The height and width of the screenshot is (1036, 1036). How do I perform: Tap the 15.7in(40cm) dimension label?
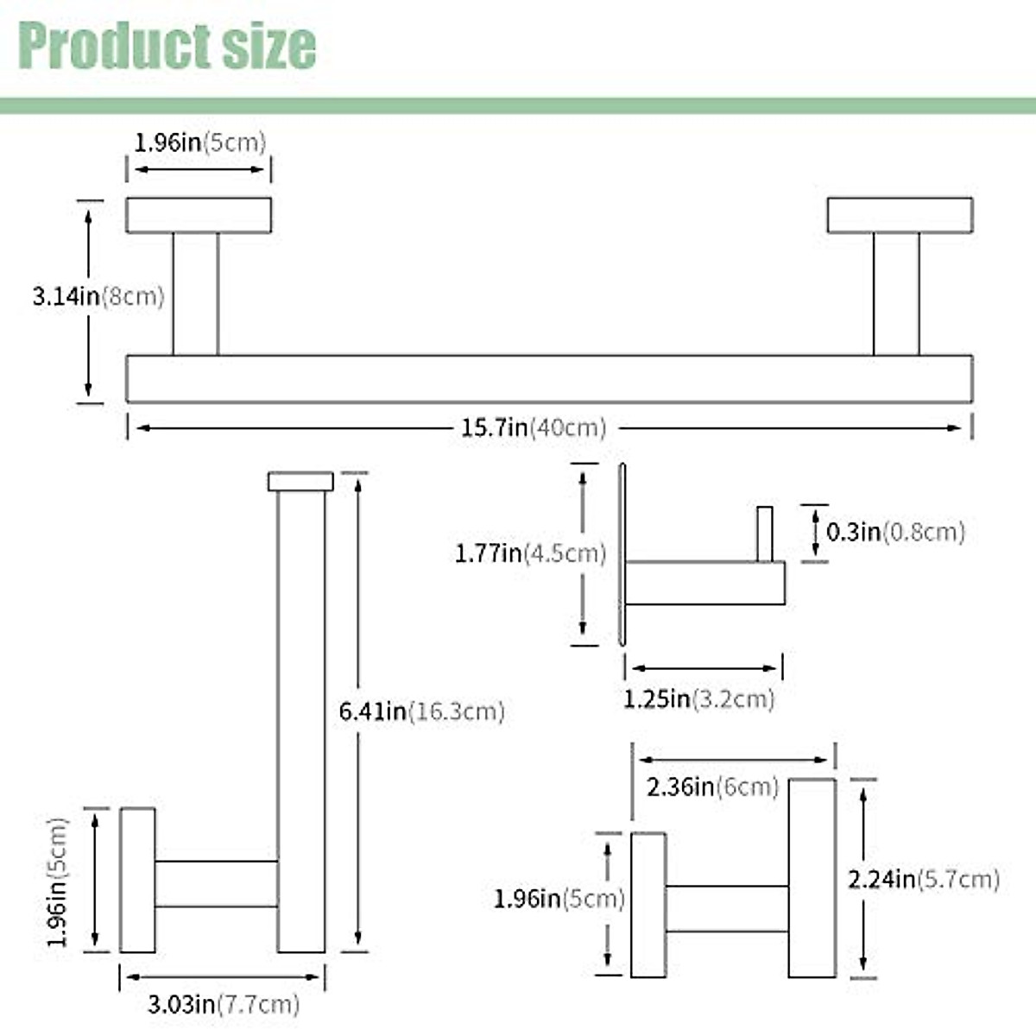point(533,427)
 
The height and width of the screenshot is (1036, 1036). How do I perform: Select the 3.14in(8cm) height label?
point(98,297)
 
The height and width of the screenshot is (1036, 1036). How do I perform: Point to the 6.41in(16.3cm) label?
point(421,711)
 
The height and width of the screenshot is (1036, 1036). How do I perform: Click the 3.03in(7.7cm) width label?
point(224,1004)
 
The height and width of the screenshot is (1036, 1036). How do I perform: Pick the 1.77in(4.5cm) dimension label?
point(530,553)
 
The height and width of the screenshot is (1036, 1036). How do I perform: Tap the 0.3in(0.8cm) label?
point(894,532)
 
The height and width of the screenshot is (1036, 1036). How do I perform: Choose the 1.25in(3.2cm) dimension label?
point(698,698)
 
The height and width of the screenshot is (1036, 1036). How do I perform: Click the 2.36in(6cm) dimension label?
point(712,787)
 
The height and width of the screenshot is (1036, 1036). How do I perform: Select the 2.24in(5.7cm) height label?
point(923,880)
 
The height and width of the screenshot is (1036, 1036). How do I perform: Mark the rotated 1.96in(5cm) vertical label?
point(58,881)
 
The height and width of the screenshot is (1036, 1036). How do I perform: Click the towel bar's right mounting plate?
point(900,215)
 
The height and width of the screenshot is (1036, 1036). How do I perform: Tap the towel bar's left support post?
point(195,294)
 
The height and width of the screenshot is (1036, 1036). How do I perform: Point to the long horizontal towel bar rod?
point(549,378)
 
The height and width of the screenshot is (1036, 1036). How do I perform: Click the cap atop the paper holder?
point(300,481)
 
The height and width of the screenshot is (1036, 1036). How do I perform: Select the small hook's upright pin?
point(764,534)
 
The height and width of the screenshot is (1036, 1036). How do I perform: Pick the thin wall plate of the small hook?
point(622,554)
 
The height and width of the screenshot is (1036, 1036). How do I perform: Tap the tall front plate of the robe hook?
point(812,878)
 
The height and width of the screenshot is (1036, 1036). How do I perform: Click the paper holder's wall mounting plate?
point(137,880)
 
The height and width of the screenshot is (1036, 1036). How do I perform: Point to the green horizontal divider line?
point(518,106)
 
